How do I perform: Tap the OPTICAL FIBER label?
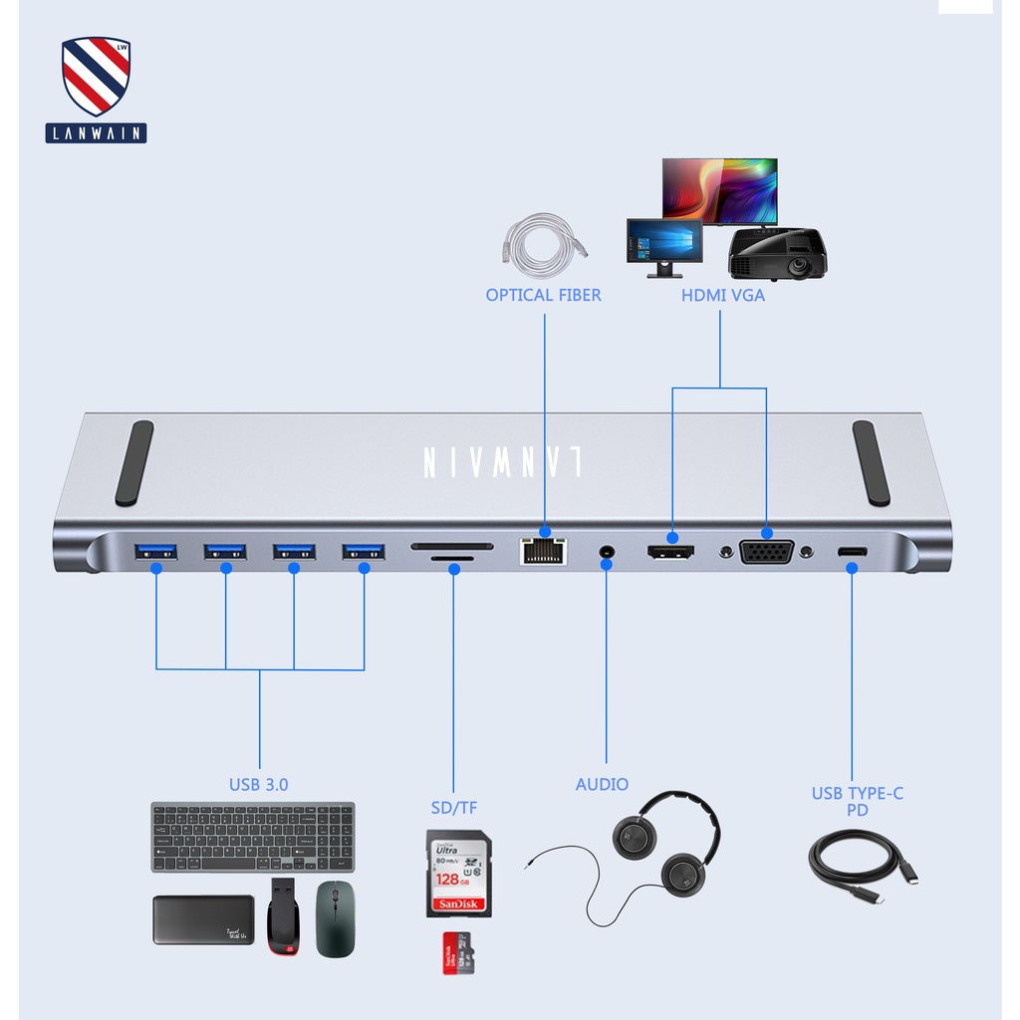point(543,295)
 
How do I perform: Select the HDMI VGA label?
point(723,295)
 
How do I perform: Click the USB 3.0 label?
point(258,785)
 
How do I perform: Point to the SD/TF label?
point(453,807)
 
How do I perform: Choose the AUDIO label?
point(602,785)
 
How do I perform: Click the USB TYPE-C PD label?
point(857,801)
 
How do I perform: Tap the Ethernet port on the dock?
point(543,550)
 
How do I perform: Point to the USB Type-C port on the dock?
point(852,552)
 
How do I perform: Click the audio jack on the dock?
point(605,551)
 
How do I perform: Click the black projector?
point(777,254)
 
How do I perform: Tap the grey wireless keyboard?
point(253,837)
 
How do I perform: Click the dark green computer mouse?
point(335,918)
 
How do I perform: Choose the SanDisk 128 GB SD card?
point(458,874)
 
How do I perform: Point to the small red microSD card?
point(457,953)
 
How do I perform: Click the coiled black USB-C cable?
point(859,868)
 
